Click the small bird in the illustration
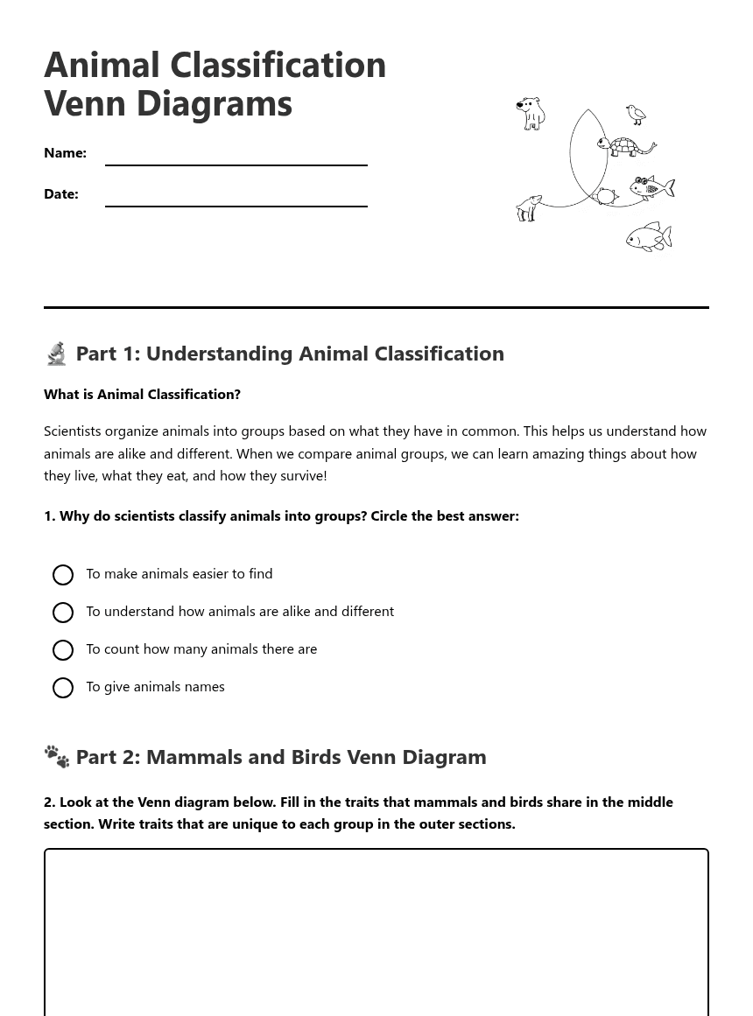[x=636, y=115]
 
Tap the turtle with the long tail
[x=625, y=146]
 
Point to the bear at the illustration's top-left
[x=531, y=113]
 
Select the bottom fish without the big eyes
[x=649, y=237]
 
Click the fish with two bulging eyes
[x=651, y=187]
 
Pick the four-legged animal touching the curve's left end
[x=529, y=208]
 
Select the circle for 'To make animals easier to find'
[x=63, y=575]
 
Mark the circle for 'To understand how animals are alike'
[x=63, y=613]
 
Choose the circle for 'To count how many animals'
[x=63, y=650]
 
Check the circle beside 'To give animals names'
[x=63, y=688]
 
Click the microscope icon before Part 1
[x=57, y=354]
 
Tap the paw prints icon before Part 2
[x=57, y=757]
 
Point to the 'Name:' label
[x=65, y=153]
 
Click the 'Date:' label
[x=61, y=194]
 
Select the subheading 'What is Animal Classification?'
[x=142, y=395]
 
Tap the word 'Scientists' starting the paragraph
[x=76, y=431]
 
